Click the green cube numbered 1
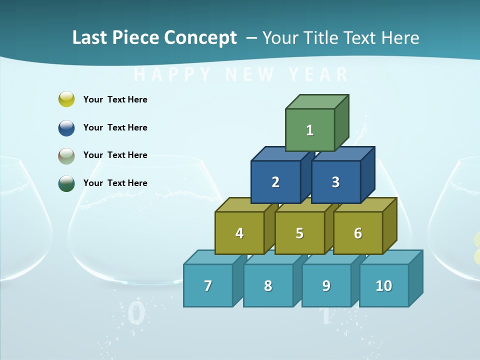[x=310, y=130]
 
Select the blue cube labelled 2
[x=275, y=182]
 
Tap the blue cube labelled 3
[x=335, y=182]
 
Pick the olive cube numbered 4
[x=239, y=233]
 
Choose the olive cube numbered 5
[x=299, y=233]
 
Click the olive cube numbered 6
[x=357, y=233]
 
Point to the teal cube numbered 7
[x=208, y=285]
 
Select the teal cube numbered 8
[x=268, y=285]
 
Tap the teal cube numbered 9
[x=326, y=285]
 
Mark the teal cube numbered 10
[x=383, y=285]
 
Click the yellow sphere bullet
[x=66, y=99]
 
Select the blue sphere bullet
[x=66, y=127]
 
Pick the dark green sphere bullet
[x=66, y=183]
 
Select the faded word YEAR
[x=318, y=74]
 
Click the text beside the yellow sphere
[x=115, y=99]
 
